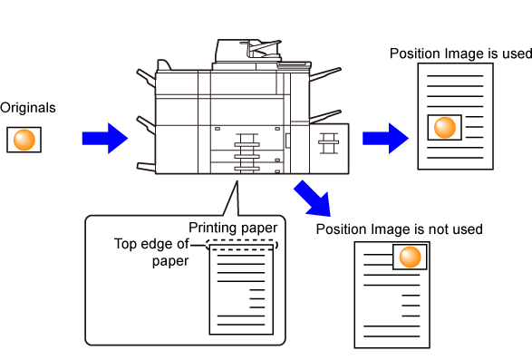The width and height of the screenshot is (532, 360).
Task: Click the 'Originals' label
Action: coord(28,108)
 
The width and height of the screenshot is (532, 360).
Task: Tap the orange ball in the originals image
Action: coord(24,140)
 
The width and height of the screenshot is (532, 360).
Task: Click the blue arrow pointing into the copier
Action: coord(105,138)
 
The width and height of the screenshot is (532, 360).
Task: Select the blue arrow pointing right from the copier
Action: coord(385,138)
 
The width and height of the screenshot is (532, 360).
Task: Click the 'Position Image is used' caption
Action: coord(460,54)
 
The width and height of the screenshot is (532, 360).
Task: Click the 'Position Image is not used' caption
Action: coord(400,229)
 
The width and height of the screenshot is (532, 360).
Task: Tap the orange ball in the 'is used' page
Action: coord(445,127)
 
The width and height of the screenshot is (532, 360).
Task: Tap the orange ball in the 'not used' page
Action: coord(411,257)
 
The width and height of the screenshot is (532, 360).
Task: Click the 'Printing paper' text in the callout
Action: coord(233,228)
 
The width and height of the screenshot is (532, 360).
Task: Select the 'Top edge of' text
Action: coord(151,244)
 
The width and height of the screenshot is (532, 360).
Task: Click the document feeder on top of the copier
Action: coord(248,51)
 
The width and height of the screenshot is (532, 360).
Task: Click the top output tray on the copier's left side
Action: coord(146,77)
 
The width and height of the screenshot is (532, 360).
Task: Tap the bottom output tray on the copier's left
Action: coord(146,167)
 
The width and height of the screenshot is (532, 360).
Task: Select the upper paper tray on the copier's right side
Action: coord(325,74)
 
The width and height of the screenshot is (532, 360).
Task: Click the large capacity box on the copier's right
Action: coord(329,149)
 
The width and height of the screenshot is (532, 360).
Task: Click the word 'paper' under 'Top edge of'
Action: coord(170,261)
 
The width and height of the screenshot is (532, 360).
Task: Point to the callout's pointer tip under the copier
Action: coord(237,181)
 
